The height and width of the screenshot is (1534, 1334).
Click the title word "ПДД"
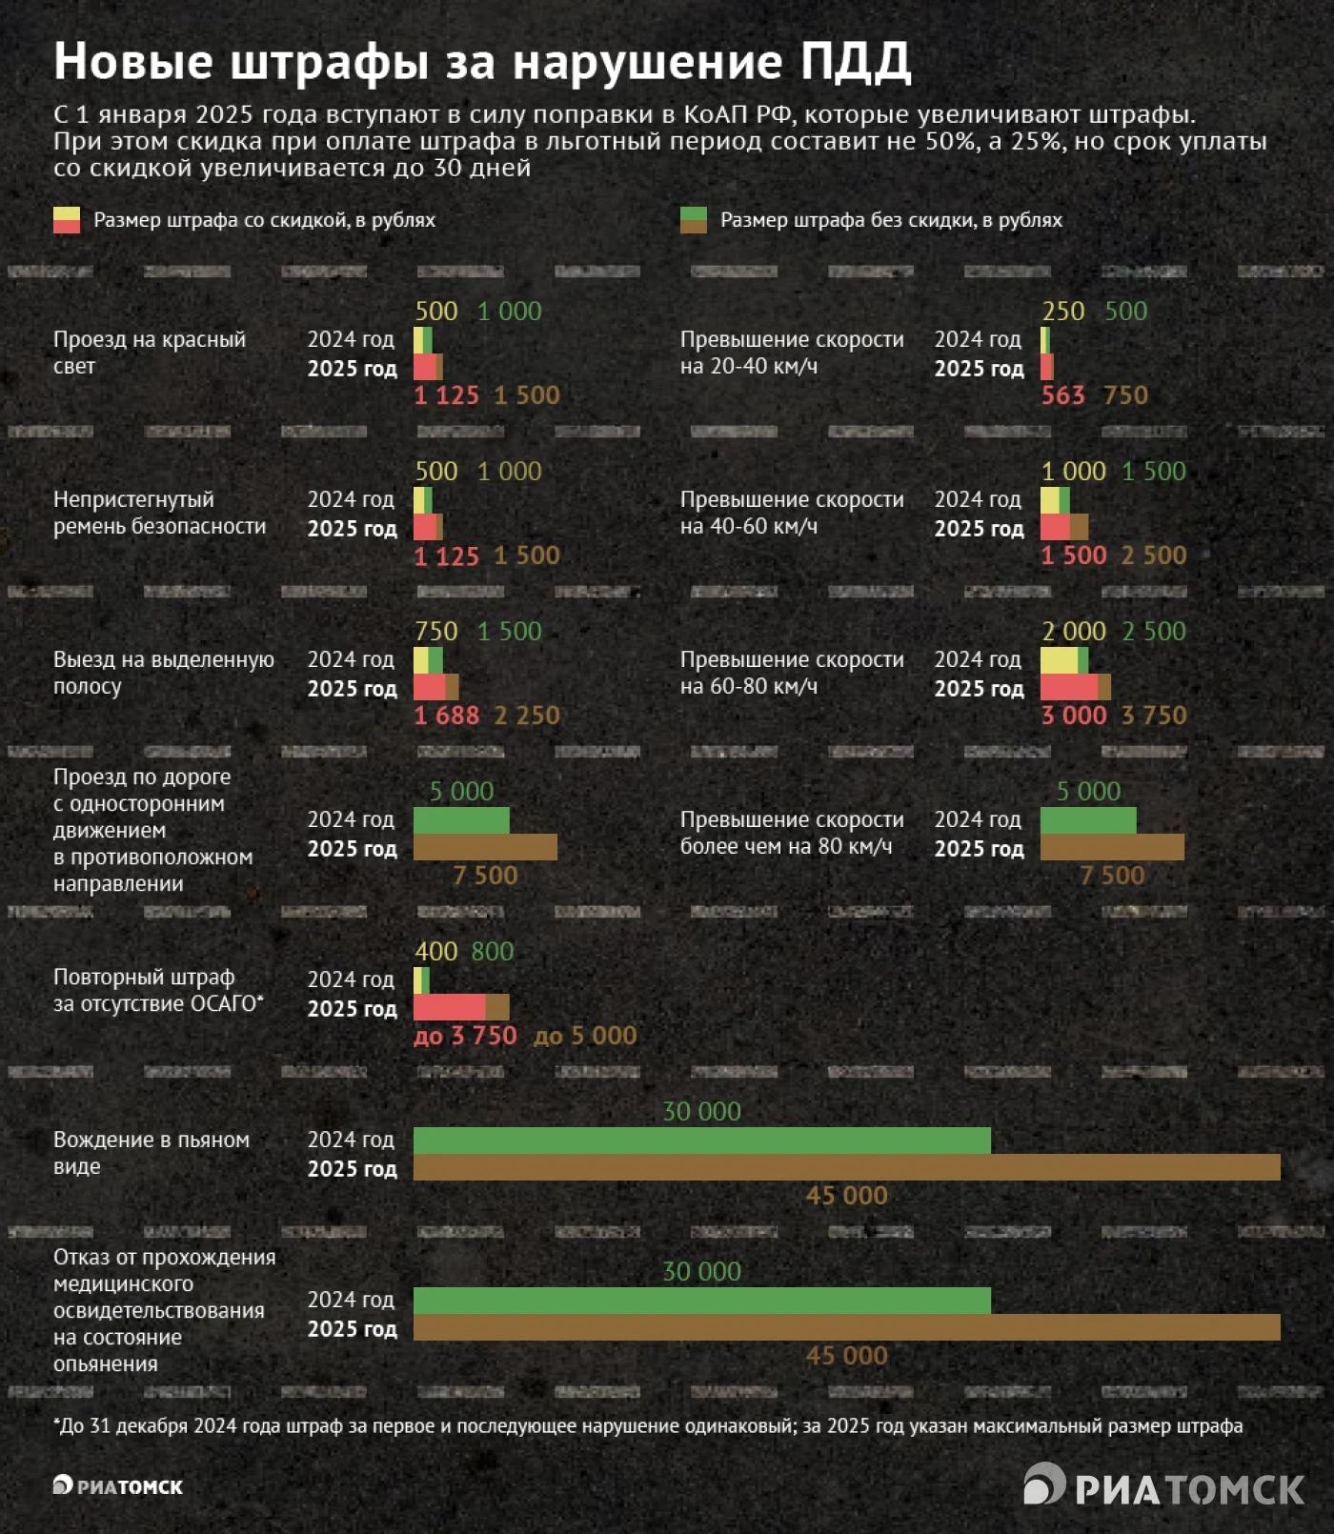tap(855, 61)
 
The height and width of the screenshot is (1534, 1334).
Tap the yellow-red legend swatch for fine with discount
tap(67, 220)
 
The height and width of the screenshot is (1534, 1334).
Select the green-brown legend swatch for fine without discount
tap(693, 220)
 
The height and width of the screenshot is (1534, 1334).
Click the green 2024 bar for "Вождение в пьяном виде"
tap(701, 1140)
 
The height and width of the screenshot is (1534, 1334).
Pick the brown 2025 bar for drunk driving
tap(846, 1167)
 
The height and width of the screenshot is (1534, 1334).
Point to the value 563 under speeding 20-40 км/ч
tap(1062, 395)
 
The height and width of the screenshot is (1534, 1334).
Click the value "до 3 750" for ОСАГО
tap(465, 1036)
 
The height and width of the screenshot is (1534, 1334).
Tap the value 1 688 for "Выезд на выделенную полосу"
tap(446, 716)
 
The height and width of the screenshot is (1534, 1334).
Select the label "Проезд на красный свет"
tap(149, 353)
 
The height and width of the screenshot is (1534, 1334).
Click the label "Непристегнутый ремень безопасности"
tap(159, 513)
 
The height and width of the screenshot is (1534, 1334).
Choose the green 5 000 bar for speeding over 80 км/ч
tap(1087, 820)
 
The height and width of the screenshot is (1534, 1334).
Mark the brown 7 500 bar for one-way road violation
tap(485, 847)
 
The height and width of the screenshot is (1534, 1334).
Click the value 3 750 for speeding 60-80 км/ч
tap(1154, 716)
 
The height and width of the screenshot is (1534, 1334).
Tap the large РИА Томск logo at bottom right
tap(1163, 1487)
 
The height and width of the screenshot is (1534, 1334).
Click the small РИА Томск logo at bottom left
tap(117, 1486)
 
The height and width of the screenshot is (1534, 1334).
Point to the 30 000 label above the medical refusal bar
tap(701, 1271)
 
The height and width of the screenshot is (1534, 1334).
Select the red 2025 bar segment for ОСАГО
tap(449, 1007)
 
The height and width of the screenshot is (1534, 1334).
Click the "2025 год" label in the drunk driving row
tap(352, 1169)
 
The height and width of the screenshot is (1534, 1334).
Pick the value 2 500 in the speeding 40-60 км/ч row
tap(1154, 555)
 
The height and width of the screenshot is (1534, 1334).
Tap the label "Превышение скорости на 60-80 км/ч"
tap(792, 673)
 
